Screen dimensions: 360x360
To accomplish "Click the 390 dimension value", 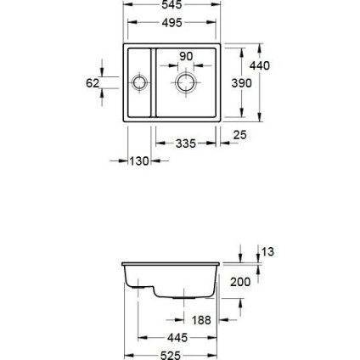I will click(x=241, y=85).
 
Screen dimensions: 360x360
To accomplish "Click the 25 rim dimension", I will click(x=239, y=135).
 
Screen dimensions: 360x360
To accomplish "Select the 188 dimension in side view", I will click(x=201, y=321).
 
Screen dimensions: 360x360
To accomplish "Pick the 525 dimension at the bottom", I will click(x=171, y=354).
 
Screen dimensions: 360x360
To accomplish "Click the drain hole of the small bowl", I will click(x=140, y=82).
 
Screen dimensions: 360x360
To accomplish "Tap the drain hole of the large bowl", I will click(x=186, y=82).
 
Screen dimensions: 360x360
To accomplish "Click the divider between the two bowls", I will click(x=152, y=82).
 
